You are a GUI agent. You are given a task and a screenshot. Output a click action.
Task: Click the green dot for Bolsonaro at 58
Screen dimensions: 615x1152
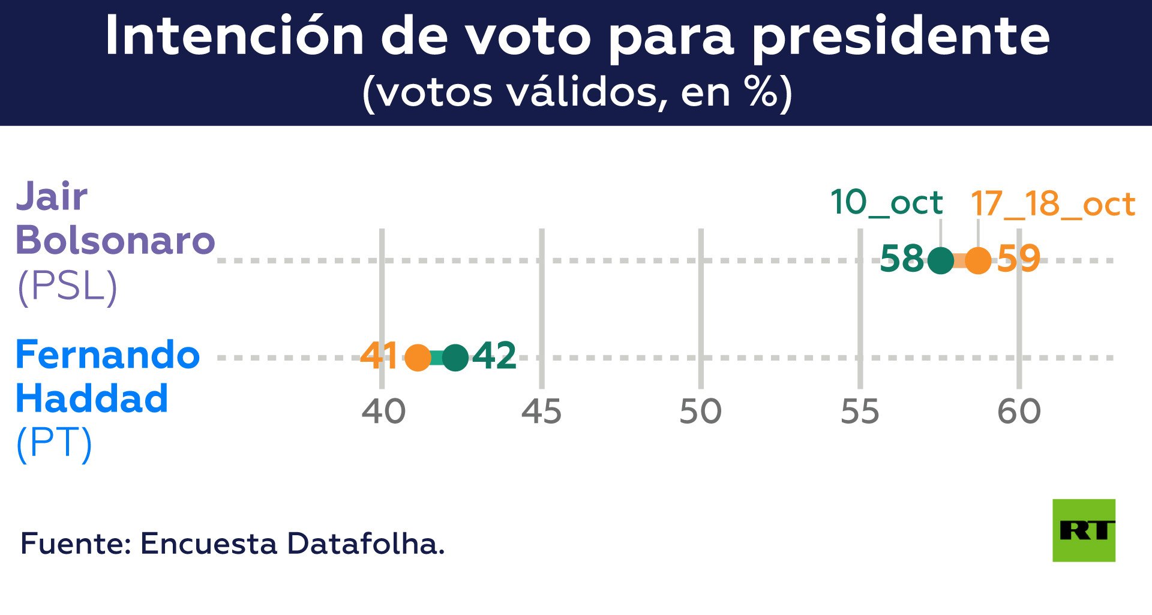(x=940, y=260)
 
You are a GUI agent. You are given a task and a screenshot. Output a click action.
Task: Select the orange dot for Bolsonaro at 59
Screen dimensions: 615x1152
(x=978, y=260)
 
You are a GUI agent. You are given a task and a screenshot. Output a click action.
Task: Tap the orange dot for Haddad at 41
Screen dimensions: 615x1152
(x=418, y=358)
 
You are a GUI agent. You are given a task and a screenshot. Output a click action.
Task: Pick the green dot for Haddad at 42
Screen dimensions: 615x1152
(x=455, y=358)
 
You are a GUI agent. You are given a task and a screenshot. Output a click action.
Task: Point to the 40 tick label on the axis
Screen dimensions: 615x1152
(x=383, y=412)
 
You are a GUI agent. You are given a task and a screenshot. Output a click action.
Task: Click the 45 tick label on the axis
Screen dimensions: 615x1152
(x=541, y=412)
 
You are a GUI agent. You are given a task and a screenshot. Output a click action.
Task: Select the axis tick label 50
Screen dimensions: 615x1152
(x=700, y=412)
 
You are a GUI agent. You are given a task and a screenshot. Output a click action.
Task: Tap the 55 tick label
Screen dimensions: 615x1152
(x=860, y=412)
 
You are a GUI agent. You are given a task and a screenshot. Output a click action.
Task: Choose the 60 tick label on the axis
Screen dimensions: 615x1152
(x=1019, y=412)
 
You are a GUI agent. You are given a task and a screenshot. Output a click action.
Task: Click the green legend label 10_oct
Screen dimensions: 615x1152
(x=886, y=203)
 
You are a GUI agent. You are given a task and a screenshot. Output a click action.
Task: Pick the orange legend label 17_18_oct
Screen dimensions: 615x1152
(x=1052, y=205)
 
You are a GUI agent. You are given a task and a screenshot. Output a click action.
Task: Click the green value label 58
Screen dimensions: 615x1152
(x=902, y=259)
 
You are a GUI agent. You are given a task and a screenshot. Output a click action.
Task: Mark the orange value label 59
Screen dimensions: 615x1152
(x=1018, y=259)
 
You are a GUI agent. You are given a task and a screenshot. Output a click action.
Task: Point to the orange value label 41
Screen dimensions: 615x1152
(x=379, y=356)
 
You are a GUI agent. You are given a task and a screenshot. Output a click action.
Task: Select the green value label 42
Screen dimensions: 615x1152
(x=494, y=356)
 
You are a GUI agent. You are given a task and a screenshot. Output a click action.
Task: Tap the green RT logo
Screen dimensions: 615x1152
(x=1084, y=530)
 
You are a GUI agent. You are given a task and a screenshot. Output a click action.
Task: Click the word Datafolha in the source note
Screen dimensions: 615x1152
(x=365, y=544)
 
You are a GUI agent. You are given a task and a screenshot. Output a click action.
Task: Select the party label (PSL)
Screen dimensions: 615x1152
(x=67, y=287)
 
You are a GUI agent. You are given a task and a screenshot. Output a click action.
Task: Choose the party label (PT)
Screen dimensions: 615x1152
(x=54, y=444)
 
